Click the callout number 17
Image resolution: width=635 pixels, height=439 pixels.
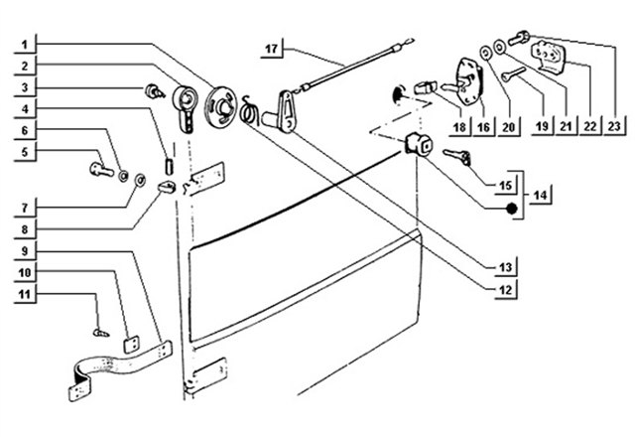pos(271,49)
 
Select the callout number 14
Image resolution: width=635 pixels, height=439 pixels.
pos(540,196)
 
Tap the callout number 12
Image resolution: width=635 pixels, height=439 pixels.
pos(505,289)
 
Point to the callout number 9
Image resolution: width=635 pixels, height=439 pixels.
pos(25,251)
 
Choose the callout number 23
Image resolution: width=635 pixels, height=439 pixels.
pos(614,126)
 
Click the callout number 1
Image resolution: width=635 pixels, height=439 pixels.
pos(25,44)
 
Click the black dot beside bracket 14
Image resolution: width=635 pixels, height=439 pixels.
pos(512,209)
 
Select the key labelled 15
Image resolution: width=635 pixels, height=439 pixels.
pos(457,157)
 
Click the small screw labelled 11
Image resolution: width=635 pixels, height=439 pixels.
pos(101,333)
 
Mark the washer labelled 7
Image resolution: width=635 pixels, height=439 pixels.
pos(140,179)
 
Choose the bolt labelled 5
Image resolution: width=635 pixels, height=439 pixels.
pos(101,169)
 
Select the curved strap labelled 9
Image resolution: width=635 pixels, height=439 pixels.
pos(120,369)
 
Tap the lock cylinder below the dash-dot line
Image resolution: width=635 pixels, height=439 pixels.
pos(419,144)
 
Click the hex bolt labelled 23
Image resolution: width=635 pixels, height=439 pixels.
pos(517,38)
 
